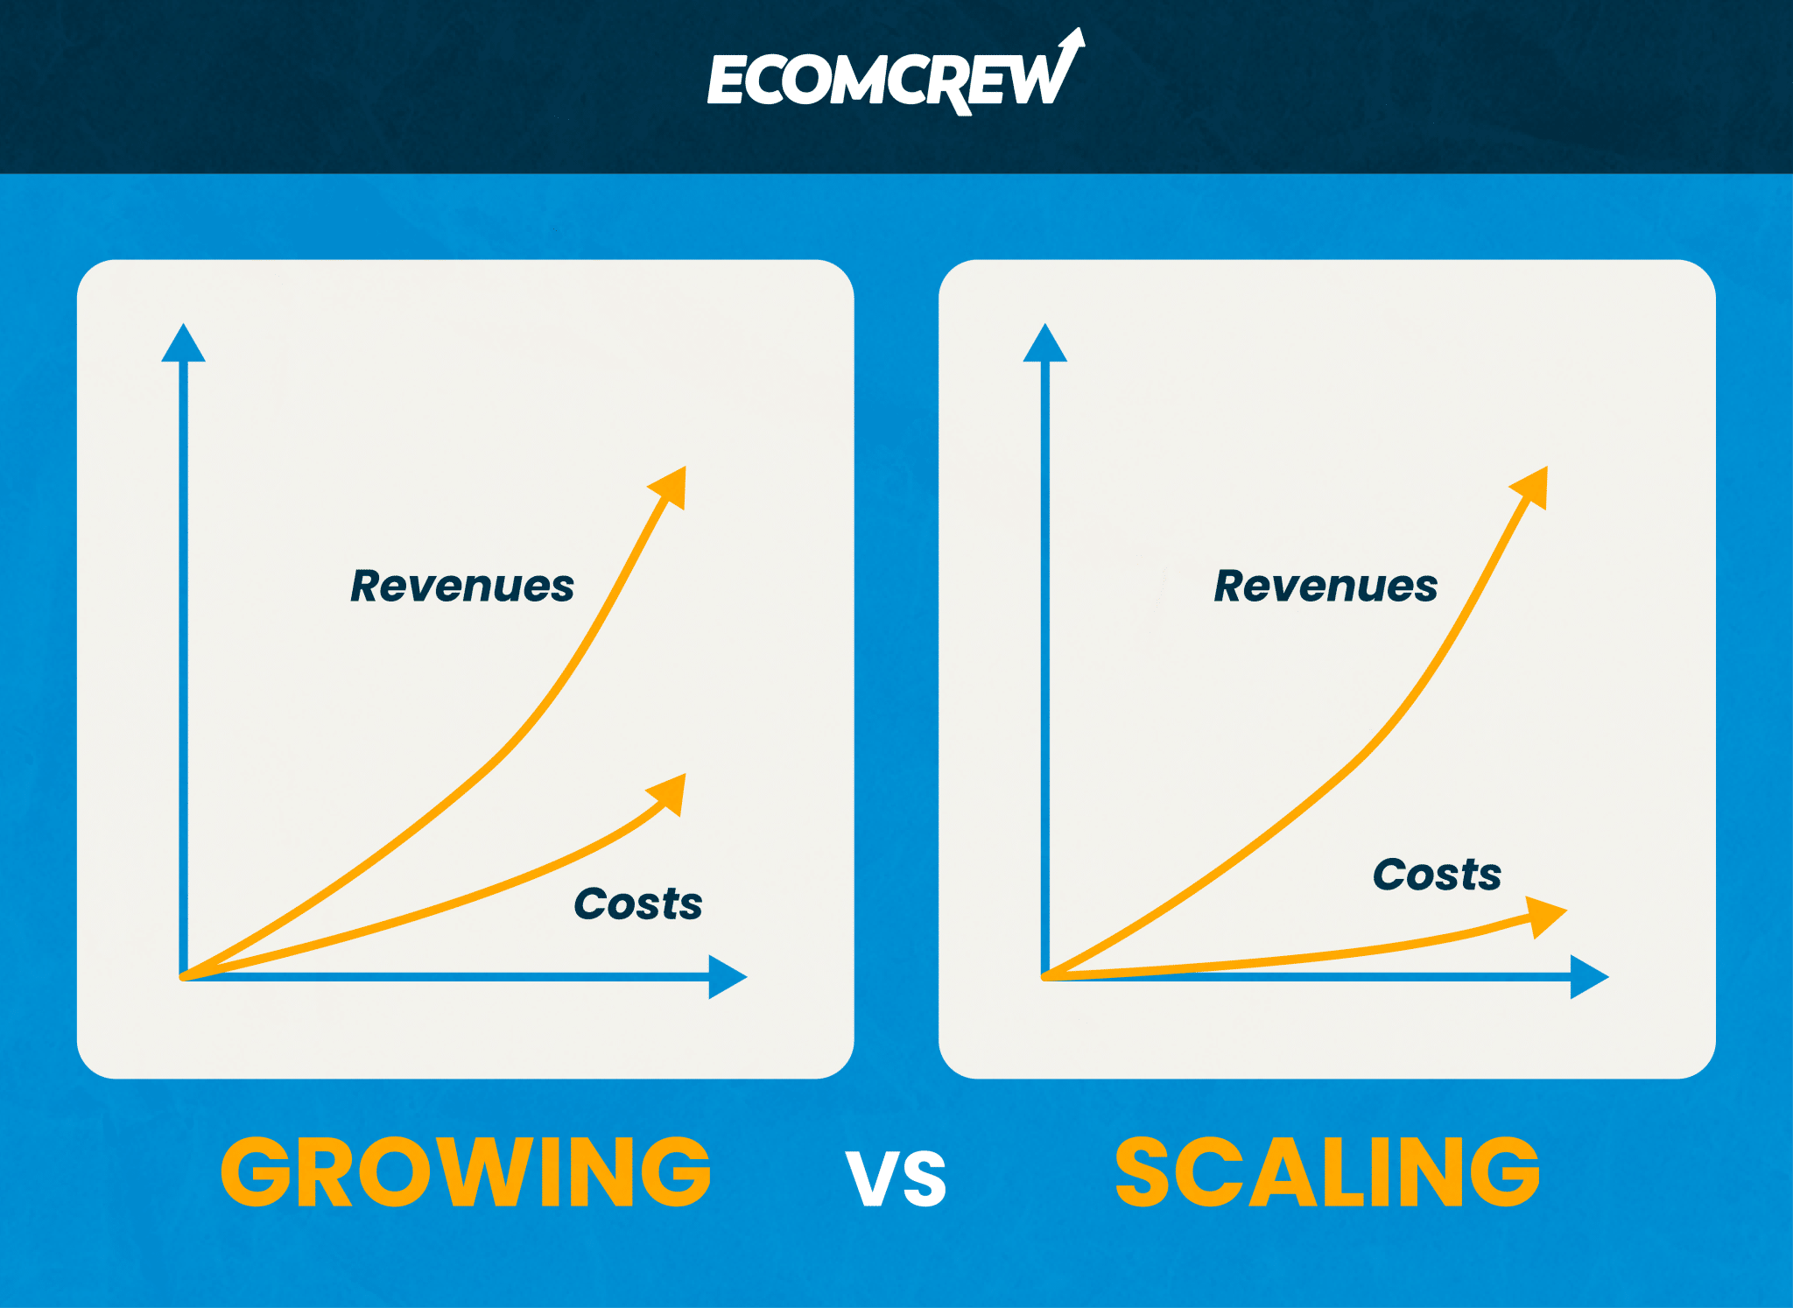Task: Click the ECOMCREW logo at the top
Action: point(896,74)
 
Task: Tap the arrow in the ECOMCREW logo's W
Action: point(1070,53)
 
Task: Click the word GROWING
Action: point(466,1172)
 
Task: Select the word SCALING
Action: point(1327,1172)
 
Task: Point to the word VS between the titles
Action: point(896,1178)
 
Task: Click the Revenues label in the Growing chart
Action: point(462,586)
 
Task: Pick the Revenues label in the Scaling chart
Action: point(1325,586)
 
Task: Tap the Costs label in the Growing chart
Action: point(638,904)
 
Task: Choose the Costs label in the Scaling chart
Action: point(1438,874)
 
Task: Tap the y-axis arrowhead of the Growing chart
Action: point(183,344)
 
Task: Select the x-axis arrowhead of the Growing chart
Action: point(727,977)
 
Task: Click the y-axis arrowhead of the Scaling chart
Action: point(1045,344)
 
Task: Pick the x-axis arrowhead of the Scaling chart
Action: point(1589,977)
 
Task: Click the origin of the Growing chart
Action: point(183,976)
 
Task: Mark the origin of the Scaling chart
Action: point(1045,976)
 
